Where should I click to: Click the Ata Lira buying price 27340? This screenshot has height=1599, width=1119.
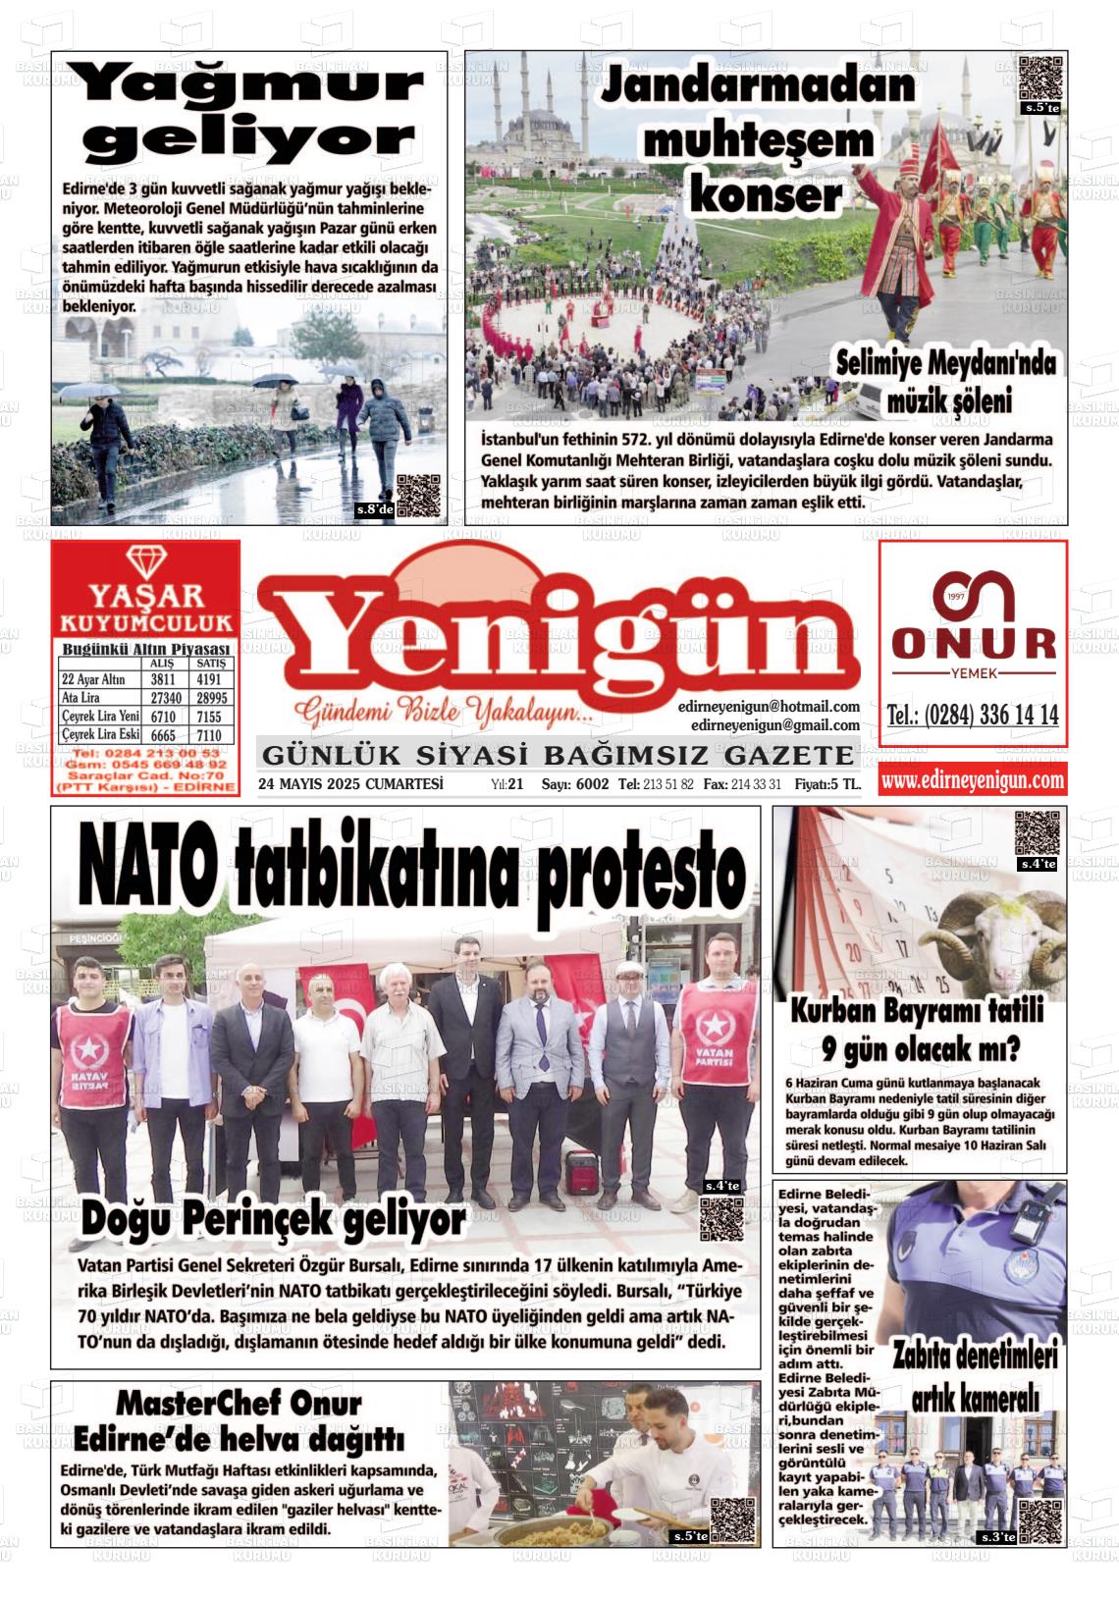(x=163, y=697)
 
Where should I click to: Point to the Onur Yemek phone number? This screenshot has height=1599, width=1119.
(x=972, y=715)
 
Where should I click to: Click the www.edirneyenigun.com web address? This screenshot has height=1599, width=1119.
(x=972, y=780)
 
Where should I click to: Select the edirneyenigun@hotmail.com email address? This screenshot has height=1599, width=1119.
(x=769, y=706)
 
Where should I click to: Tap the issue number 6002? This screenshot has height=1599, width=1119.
(x=593, y=784)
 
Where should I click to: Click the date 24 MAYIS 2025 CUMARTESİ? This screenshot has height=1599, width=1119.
(x=350, y=784)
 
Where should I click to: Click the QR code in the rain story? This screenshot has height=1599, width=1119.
(x=419, y=495)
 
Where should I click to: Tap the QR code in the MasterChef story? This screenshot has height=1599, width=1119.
(x=733, y=1519)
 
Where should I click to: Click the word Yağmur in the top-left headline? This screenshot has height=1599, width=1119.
(x=251, y=86)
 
